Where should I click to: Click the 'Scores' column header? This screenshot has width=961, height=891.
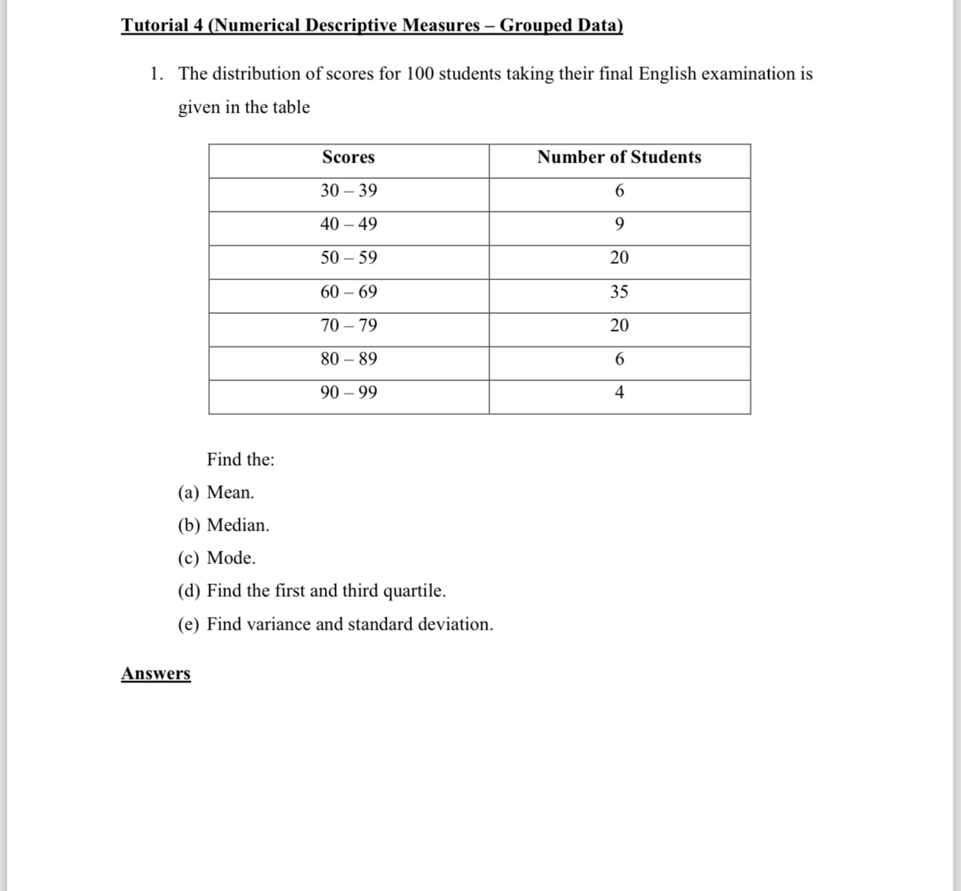348,157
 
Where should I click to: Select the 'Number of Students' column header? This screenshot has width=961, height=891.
619,157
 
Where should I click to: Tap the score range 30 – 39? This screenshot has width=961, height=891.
349,191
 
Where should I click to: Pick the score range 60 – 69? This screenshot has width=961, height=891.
349,292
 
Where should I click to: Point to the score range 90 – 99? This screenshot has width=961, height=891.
349,393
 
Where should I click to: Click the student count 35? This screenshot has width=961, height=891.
619,292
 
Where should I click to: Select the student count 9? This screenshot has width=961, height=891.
619,224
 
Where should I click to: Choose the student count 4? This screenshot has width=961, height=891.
619,393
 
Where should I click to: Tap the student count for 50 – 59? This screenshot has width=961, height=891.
619,258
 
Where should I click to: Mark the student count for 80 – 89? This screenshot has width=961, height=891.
619,359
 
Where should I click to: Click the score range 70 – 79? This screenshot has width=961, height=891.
349,326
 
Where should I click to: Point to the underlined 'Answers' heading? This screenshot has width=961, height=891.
156,673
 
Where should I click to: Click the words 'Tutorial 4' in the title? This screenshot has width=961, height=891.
162,25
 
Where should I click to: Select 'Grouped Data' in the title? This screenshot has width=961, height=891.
561,25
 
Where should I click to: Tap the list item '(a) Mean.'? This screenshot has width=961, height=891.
216,492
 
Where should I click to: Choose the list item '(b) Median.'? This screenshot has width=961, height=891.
223,525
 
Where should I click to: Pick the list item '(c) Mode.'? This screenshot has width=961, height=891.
217,558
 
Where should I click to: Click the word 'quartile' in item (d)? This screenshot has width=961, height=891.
413,591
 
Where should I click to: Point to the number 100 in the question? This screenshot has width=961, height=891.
420,74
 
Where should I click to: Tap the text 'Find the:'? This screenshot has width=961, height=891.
241,460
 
